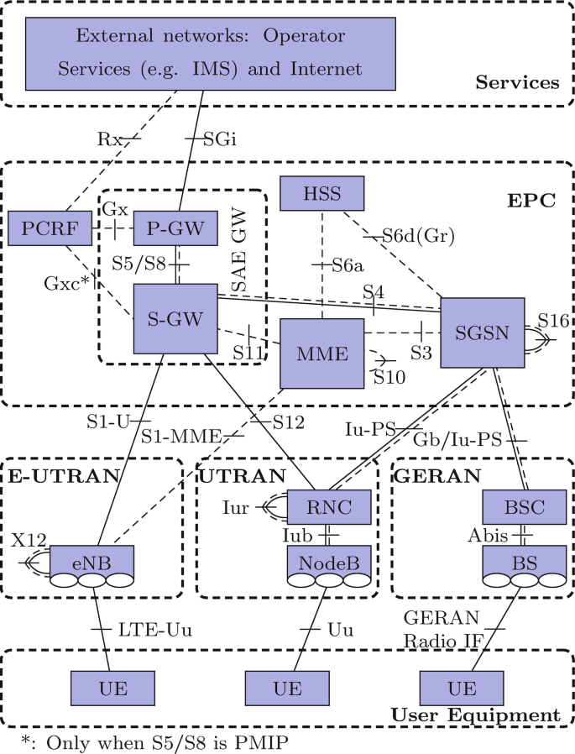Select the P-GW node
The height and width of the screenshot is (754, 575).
point(175,229)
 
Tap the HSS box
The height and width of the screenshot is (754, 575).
point(322,194)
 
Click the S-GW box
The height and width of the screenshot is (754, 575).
point(175,317)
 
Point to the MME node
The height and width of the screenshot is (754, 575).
point(321,353)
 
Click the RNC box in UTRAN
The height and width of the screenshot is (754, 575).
point(330,506)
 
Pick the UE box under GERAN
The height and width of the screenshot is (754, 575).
point(461,689)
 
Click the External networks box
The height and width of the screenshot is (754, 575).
point(210,54)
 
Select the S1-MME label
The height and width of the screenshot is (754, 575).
point(180,436)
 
